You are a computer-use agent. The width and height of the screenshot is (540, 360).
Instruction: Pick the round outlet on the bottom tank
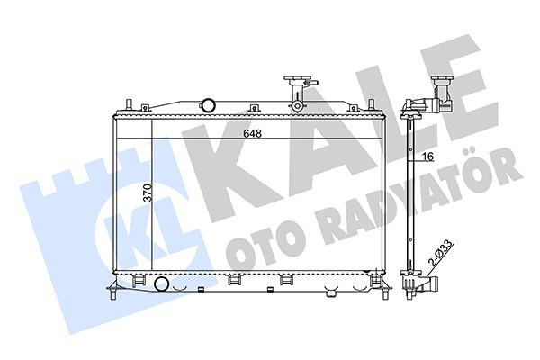162,285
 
